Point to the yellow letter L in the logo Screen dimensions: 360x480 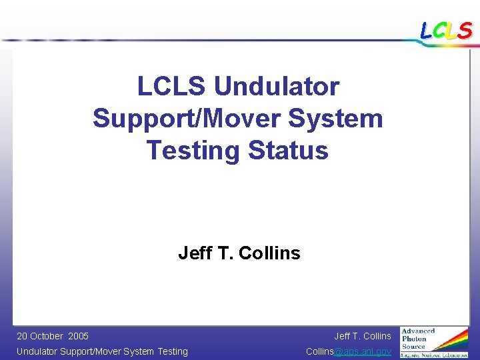point(451,30)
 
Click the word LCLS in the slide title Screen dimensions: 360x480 point(172,86)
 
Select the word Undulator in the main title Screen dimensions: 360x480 point(277,86)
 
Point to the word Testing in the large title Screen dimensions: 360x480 point(193,150)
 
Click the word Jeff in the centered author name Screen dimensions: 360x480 point(193,253)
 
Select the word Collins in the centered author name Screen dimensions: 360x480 point(269,253)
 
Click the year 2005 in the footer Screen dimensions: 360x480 point(78,336)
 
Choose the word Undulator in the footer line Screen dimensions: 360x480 point(37,351)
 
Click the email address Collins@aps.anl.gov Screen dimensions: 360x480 point(348,351)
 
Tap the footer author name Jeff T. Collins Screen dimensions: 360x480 point(362,336)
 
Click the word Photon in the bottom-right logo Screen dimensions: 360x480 point(414,339)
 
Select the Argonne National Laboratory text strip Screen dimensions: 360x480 point(433,355)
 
